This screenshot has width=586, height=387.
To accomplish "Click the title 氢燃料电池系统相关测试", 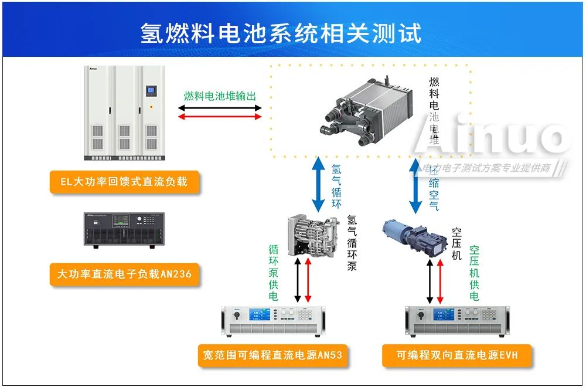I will point(281,33).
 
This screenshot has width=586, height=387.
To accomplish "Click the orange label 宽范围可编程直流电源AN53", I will point(272,354).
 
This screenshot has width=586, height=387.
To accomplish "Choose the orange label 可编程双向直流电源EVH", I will point(457,355).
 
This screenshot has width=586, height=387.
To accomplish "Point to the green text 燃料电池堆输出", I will point(220,96).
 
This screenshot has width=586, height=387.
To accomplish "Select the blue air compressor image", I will point(413,237).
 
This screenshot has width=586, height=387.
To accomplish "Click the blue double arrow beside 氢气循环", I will point(318,184).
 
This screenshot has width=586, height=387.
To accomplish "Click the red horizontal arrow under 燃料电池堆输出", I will point(220,117).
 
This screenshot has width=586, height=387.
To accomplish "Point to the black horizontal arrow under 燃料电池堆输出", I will point(220,108).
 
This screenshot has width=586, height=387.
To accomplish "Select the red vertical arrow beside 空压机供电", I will point(441,281).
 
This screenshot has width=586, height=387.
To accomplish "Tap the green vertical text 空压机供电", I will point(474,273).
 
